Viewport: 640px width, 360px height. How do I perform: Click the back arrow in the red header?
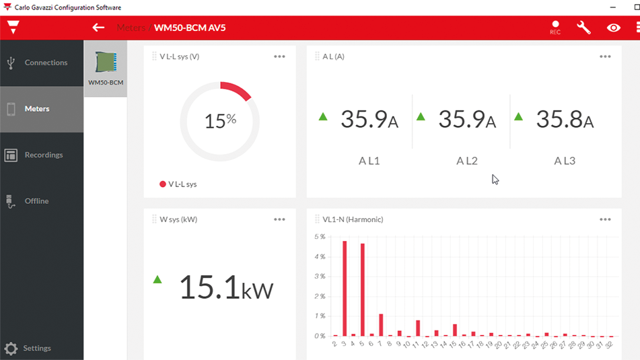click(98, 28)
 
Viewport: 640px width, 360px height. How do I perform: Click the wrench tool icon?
click(583, 28)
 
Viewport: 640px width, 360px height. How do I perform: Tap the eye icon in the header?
click(614, 28)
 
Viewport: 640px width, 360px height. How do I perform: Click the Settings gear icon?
click(11, 349)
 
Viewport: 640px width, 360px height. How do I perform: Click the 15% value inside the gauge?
click(221, 121)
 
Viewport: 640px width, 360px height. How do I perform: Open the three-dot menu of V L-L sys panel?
click(279, 57)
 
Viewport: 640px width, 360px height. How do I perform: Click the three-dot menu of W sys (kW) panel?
click(279, 219)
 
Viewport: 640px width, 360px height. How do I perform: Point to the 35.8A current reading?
click(565, 119)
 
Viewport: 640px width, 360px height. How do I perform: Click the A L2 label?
click(467, 161)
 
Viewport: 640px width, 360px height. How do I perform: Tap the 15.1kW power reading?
click(226, 287)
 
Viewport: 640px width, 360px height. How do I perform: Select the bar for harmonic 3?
click(345, 289)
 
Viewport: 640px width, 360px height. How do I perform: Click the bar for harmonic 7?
click(381, 325)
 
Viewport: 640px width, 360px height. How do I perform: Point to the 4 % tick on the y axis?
click(320, 257)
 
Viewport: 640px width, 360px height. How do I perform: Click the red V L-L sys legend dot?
click(162, 184)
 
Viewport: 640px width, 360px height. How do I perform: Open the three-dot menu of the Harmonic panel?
click(605, 219)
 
